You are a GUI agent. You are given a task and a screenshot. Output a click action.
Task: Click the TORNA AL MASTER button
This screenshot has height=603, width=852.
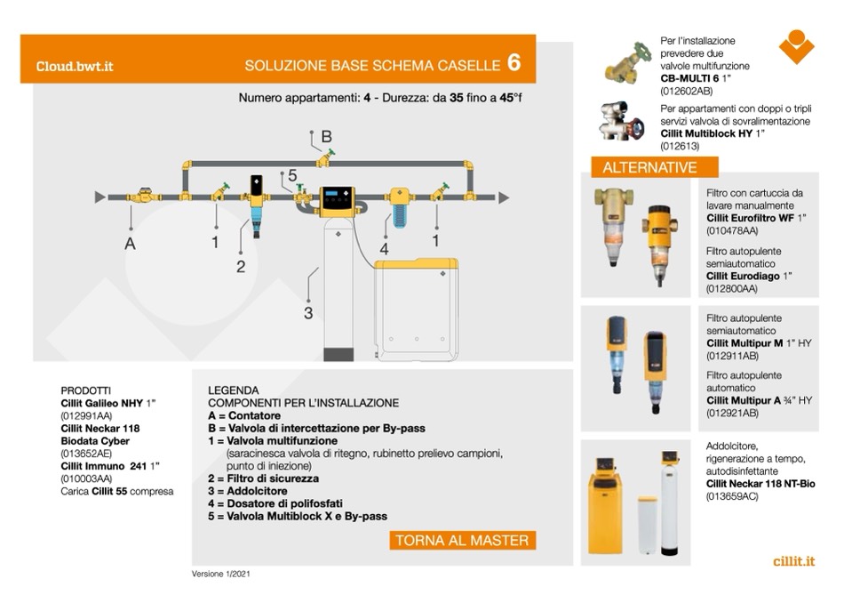462,540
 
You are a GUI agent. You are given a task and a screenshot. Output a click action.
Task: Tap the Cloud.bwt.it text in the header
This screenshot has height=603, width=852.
75,66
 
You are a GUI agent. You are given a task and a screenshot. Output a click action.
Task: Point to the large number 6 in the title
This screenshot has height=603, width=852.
514,63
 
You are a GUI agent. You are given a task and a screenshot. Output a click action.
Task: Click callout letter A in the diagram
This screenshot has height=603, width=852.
131,243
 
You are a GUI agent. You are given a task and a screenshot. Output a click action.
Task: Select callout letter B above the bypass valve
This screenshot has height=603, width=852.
326,136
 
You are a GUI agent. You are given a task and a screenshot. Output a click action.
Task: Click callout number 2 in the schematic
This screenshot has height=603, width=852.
241,266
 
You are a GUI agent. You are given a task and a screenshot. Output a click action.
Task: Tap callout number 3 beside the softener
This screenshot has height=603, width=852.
308,312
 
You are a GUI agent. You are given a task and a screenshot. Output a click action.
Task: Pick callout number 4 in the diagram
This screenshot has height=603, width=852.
384,250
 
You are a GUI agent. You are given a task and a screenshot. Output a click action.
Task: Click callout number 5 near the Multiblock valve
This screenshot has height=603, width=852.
292,175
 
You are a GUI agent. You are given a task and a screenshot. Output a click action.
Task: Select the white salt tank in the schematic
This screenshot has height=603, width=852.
415,302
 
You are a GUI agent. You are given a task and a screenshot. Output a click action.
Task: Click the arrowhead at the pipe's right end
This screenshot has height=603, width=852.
505,196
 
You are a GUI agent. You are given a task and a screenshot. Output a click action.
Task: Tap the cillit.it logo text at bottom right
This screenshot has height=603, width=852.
793,561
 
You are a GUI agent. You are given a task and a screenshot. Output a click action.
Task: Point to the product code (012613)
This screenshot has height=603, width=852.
681,146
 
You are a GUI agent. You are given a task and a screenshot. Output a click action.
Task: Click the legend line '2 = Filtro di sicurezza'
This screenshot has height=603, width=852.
263,478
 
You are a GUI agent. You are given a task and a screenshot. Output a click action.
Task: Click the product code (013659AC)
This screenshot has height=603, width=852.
732,495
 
